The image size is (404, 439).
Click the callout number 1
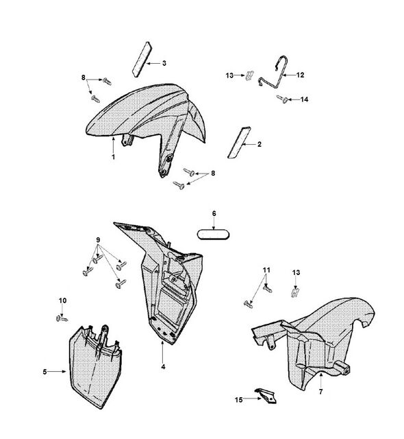113,157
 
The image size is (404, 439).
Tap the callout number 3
164,63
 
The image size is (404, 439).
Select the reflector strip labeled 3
142,60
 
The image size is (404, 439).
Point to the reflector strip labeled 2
239,143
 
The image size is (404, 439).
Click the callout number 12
300,75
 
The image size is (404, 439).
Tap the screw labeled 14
282,99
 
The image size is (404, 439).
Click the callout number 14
304,99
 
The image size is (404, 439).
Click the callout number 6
214,213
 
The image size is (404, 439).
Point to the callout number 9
98,240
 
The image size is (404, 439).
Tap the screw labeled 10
62,318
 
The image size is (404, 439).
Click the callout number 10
62,300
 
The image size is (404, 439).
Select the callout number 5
45,372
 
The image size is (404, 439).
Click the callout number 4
163,367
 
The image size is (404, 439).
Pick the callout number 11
266,270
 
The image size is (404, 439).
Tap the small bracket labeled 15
266,395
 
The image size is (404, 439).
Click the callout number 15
238,400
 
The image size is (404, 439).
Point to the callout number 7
320,392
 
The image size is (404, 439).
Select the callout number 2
260,145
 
